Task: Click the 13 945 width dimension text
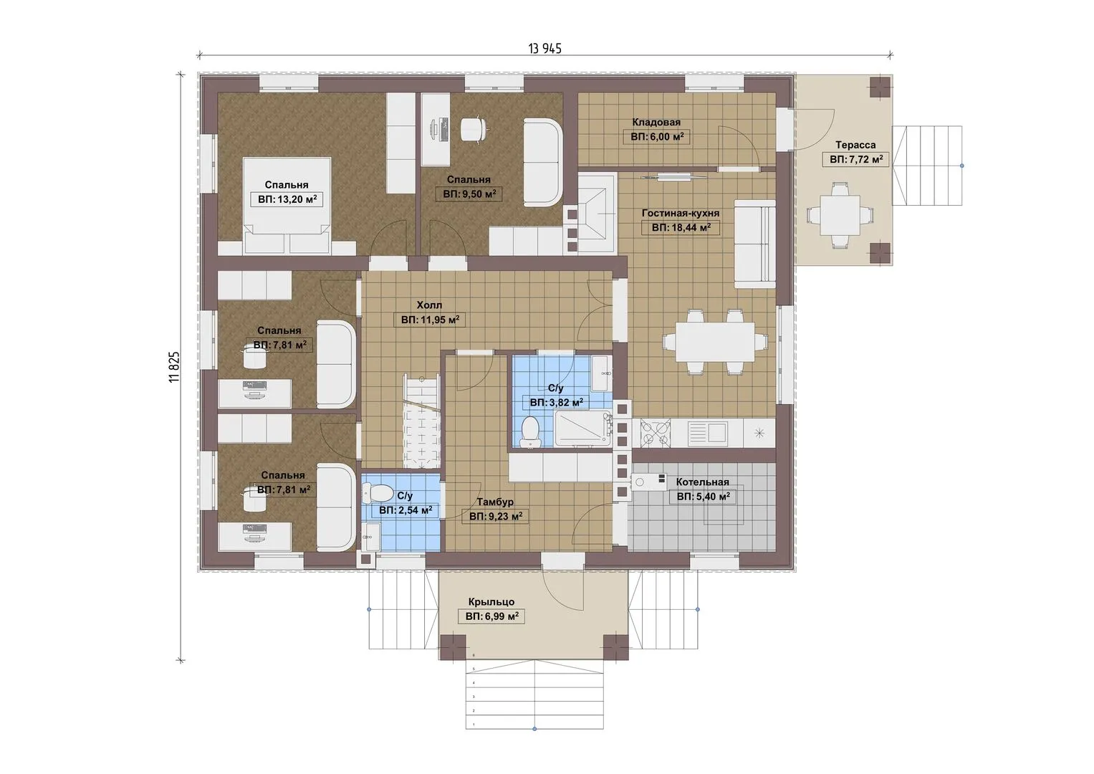pos(544,49)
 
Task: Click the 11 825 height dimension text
pos(174,366)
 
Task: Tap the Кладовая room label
pos(656,122)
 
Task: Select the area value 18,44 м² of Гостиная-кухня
pos(681,227)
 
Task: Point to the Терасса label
pos(855,145)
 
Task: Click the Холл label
pos(429,305)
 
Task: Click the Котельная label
pos(702,482)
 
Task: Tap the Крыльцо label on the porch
pos(491,601)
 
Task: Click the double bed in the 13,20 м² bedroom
pos(287,205)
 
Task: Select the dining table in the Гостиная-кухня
pos(715,342)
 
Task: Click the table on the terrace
pos(840,216)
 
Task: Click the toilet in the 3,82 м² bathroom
pos(529,431)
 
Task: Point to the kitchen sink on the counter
pos(709,432)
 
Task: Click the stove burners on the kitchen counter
pos(654,433)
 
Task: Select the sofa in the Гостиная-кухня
pos(755,244)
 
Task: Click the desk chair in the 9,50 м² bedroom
pos(474,129)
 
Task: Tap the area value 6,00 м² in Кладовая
pos(656,137)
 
